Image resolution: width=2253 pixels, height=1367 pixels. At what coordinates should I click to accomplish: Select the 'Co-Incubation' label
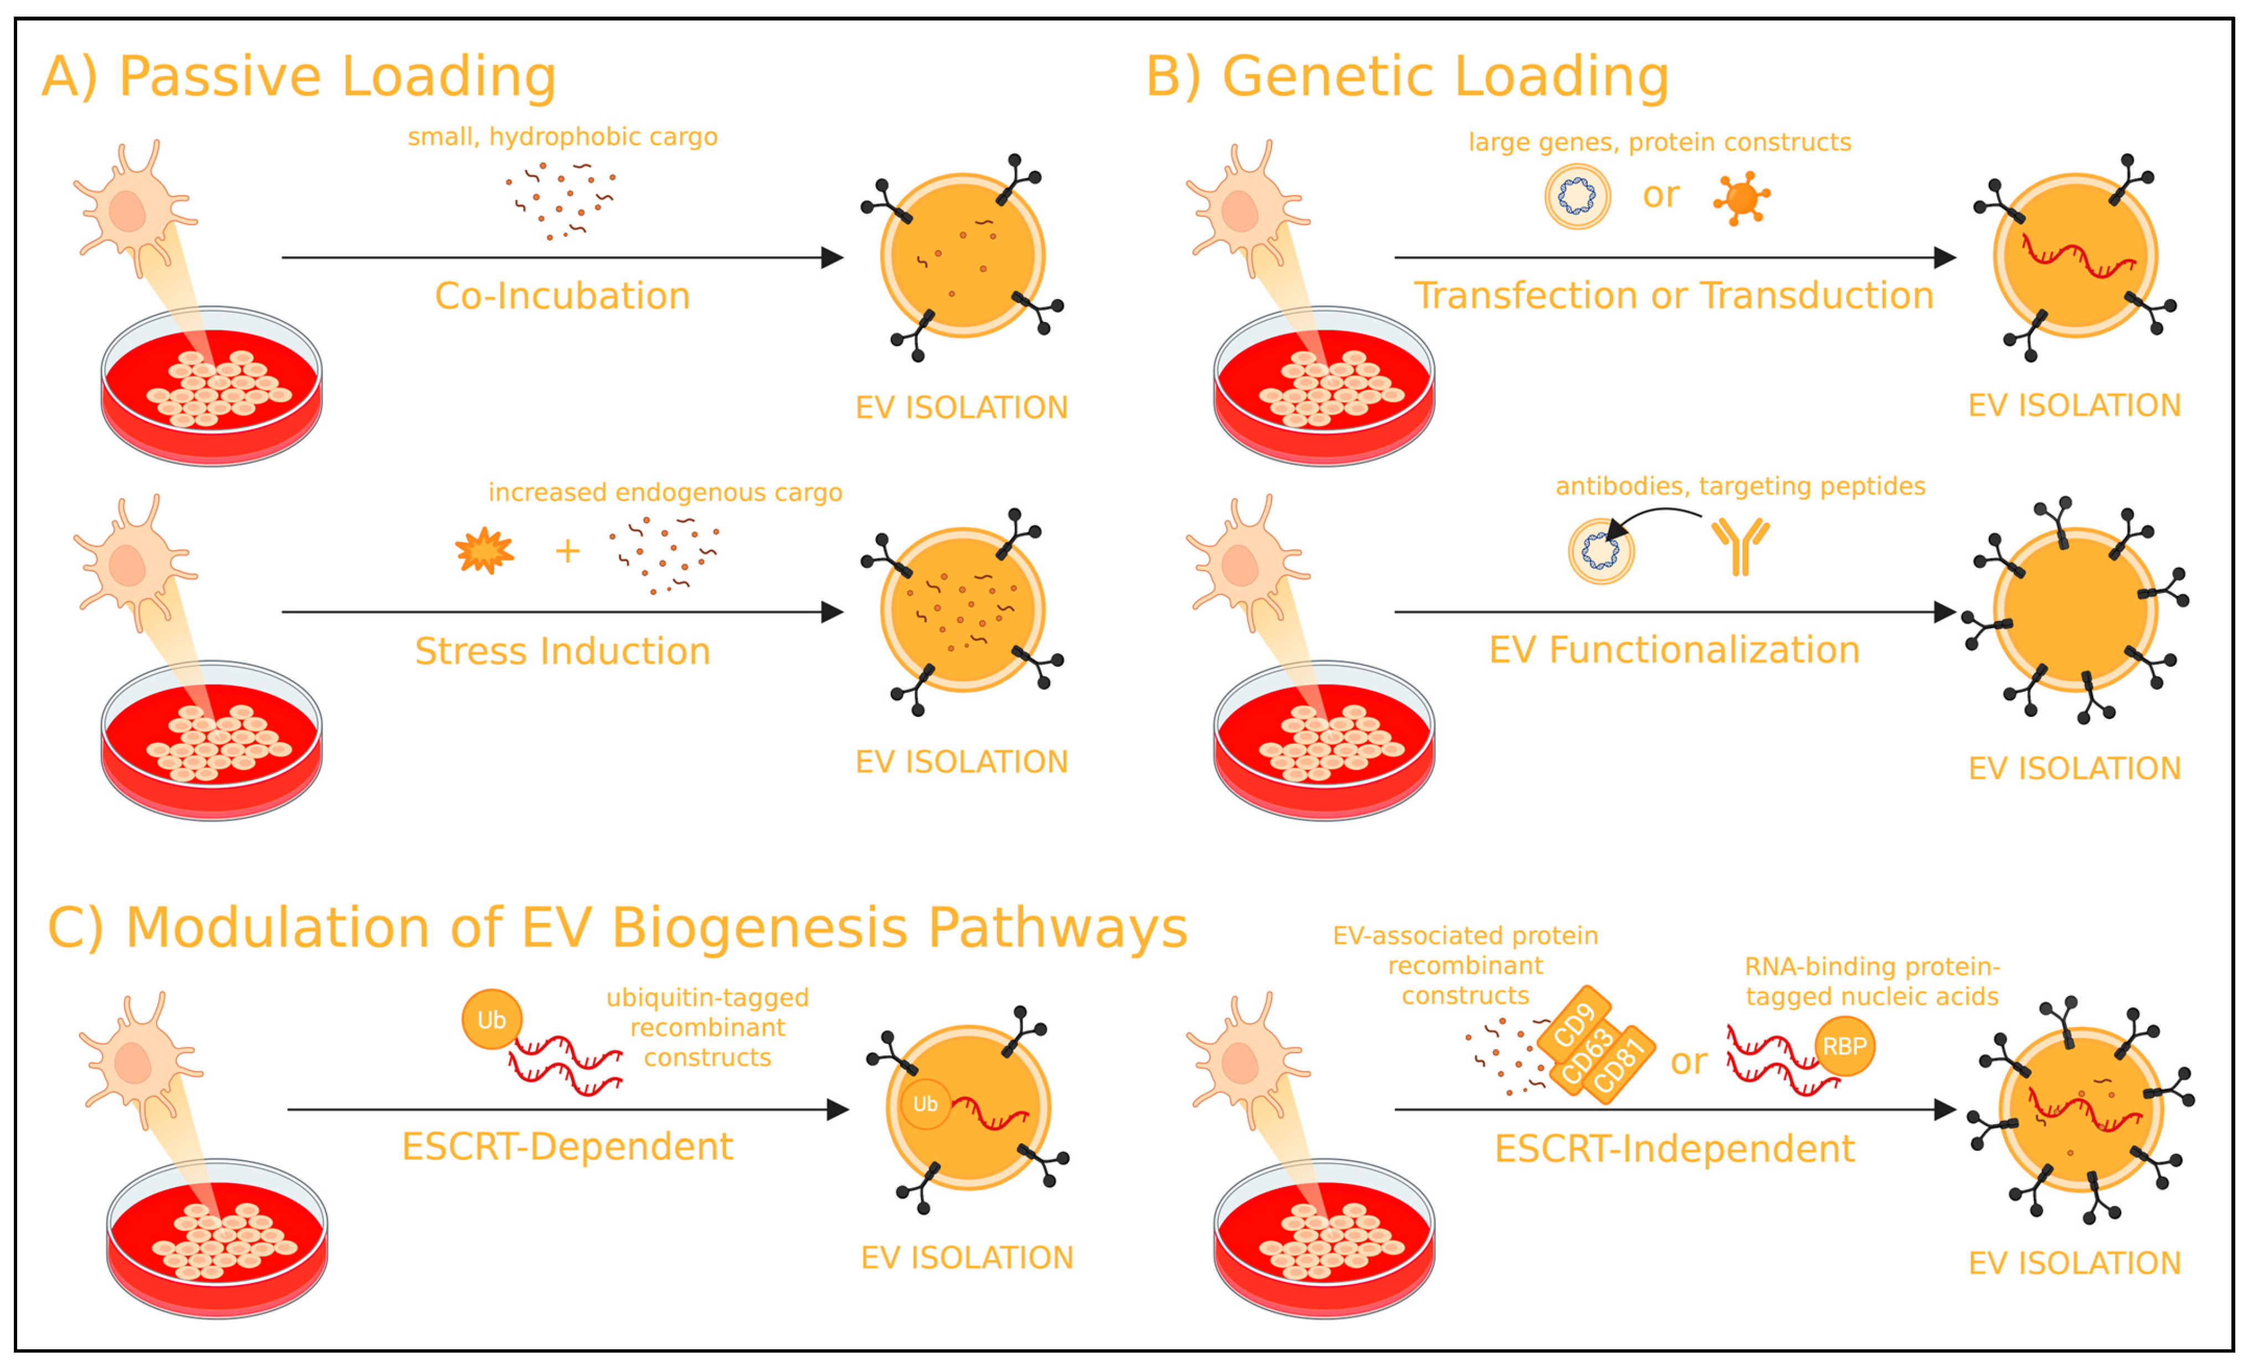click(x=562, y=296)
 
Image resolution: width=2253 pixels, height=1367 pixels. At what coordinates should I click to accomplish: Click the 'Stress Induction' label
click(x=562, y=651)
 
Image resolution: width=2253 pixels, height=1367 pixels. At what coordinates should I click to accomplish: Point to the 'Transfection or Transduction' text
click(x=1673, y=296)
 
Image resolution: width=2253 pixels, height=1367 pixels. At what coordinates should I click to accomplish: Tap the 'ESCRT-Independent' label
click(x=1674, y=1148)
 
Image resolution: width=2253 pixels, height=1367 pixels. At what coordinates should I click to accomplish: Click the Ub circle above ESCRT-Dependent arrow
click(x=491, y=1019)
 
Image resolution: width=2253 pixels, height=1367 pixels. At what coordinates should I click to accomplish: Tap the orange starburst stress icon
click(x=484, y=551)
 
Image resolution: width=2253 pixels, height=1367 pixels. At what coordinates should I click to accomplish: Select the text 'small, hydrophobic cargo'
click(x=562, y=137)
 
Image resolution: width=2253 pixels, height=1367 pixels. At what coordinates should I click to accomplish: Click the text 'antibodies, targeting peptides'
click(x=1740, y=486)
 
